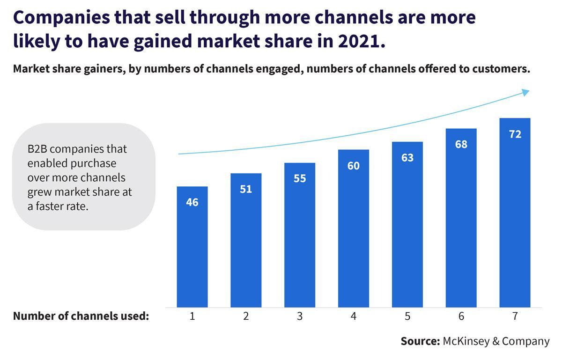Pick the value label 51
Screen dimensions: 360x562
point(246,189)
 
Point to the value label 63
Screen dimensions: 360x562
point(407,158)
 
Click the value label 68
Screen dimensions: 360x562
point(461,144)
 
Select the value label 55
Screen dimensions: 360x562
point(300,178)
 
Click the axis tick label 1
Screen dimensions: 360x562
point(192,316)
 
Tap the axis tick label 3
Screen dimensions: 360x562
point(300,316)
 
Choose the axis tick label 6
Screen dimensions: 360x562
point(461,316)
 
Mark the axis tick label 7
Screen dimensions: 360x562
point(515,316)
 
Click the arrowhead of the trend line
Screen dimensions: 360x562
point(525,92)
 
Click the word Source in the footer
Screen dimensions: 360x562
point(419,341)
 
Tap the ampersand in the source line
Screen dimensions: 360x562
point(495,341)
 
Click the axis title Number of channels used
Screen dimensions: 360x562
point(81,316)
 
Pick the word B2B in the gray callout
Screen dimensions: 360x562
point(37,149)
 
